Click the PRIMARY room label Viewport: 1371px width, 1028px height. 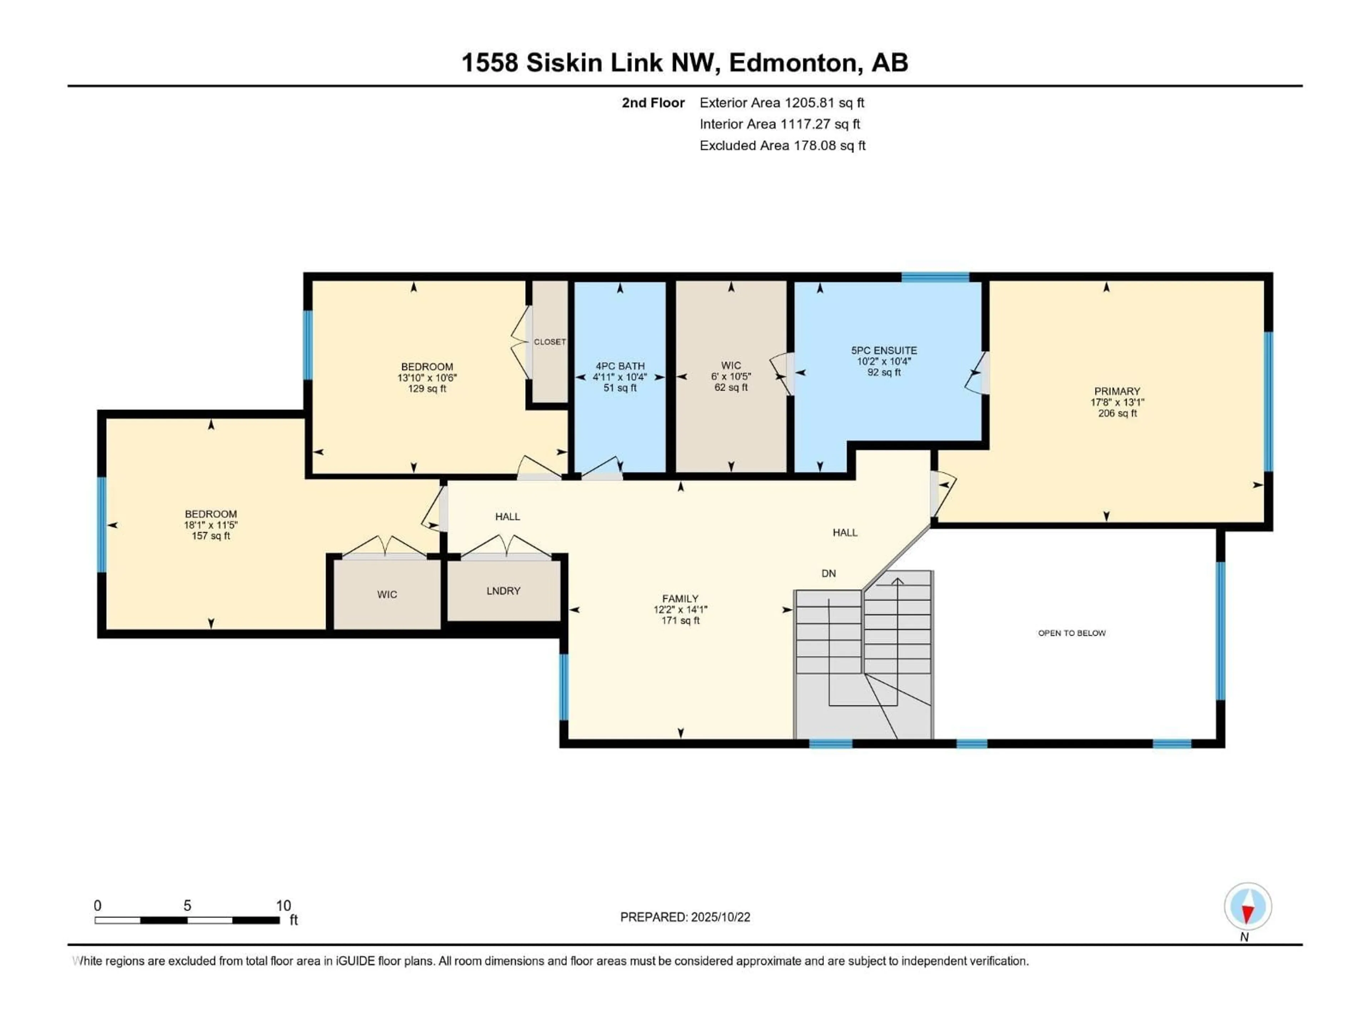click(x=1117, y=391)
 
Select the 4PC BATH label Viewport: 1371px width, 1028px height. click(x=620, y=366)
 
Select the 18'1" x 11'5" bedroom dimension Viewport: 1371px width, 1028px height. click(x=211, y=525)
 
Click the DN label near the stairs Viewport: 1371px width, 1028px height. click(x=829, y=574)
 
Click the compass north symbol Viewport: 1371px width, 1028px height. click(x=1248, y=907)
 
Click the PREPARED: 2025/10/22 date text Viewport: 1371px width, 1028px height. click(x=685, y=917)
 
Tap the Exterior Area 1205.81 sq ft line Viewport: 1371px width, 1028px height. click(x=782, y=103)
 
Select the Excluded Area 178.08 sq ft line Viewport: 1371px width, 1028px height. click(x=782, y=146)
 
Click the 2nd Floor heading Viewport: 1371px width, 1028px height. click(x=653, y=103)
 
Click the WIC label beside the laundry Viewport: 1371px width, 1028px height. click(x=387, y=595)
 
